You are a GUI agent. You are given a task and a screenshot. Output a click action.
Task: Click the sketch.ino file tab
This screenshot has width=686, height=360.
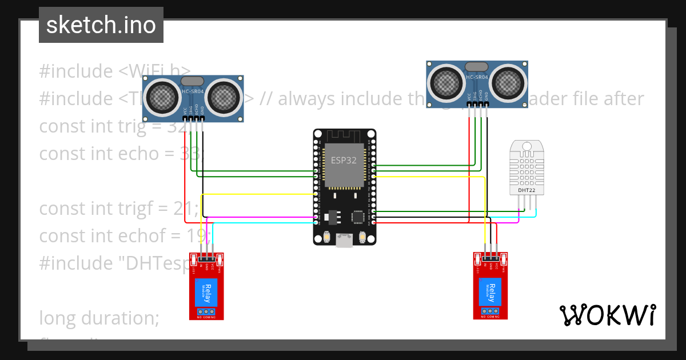101,25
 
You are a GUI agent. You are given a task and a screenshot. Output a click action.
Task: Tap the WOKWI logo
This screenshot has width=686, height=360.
607,315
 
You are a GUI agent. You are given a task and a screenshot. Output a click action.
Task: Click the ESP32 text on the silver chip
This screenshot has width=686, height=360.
344,160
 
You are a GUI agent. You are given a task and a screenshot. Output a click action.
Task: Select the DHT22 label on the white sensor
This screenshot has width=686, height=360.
527,190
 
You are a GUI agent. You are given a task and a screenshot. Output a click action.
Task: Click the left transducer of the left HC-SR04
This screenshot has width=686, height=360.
162,98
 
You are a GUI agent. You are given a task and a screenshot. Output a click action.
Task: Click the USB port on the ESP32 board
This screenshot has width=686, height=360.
344,241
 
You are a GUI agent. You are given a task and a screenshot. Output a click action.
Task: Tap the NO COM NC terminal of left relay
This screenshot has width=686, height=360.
206,312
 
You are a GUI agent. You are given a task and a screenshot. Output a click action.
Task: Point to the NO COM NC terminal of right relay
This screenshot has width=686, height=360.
490,312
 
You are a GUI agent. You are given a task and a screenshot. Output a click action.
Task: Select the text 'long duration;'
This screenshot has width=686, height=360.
99,317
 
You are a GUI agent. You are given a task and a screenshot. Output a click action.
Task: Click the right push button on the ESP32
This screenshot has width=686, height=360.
361,236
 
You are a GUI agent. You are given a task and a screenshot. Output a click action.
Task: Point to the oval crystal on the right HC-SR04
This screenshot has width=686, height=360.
477,67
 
